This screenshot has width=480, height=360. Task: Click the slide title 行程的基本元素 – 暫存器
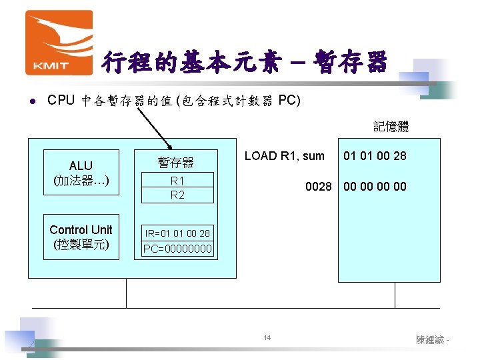click(x=244, y=63)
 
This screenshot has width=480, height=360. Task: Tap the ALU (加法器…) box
click(x=81, y=173)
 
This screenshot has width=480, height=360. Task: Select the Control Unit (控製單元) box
click(x=81, y=237)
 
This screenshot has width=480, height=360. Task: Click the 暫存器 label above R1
click(x=175, y=162)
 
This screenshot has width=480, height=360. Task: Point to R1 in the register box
click(x=177, y=181)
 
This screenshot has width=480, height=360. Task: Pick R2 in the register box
click(x=177, y=195)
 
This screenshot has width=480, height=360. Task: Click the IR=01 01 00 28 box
click(x=177, y=233)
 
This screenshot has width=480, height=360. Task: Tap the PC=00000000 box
click(x=177, y=249)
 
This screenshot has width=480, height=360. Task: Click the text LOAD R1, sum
click(x=285, y=156)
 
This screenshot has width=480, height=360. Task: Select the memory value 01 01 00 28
click(x=375, y=156)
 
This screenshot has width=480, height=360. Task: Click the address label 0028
click(x=319, y=187)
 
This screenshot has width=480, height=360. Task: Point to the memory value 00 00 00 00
click(x=375, y=187)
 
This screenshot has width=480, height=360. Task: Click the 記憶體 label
click(x=391, y=126)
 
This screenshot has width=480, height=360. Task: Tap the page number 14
click(x=267, y=339)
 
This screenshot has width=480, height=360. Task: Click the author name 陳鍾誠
click(x=430, y=340)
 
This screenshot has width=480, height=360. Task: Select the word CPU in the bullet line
click(x=61, y=101)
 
